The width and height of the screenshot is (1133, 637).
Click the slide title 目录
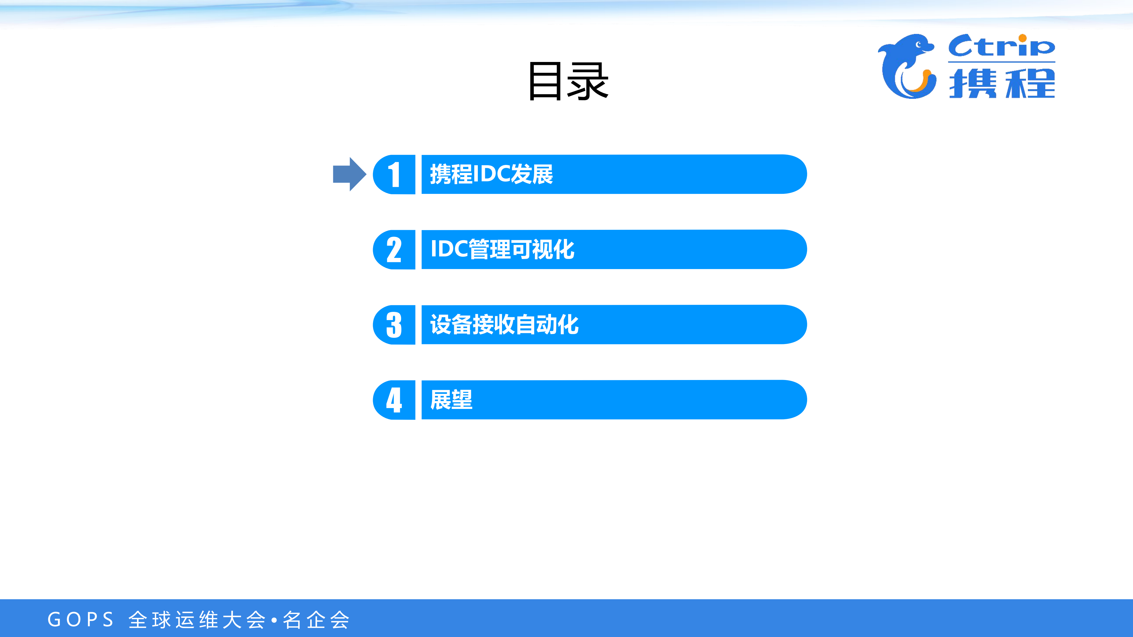(568, 81)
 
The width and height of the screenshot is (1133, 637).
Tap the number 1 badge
(394, 175)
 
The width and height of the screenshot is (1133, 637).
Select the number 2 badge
(394, 250)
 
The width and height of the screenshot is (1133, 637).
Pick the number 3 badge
(394, 325)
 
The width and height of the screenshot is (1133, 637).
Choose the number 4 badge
(394, 400)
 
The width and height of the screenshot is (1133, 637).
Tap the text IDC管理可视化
(502, 249)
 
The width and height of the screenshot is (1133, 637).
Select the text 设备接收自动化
(504, 325)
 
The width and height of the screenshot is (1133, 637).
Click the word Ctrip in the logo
(1001, 46)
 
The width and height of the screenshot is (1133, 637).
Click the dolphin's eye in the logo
(919, 44)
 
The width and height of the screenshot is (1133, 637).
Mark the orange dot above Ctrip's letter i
(1023, 38)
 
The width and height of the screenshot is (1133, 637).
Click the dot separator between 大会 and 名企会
(274, 620)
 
